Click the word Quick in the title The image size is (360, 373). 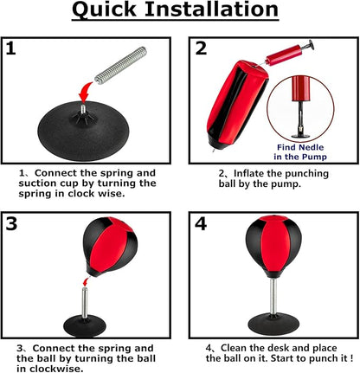click(x=104, y=10)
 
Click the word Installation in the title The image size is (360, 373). click(x=212, y=9)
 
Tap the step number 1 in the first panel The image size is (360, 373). click(x=10, y=48)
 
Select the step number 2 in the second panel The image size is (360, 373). click(x=201, y=48)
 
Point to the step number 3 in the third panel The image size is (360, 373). click(x=11, y=223)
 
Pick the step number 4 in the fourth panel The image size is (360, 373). click(x=201, y=224)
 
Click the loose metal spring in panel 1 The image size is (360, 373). click(x=120, y=65)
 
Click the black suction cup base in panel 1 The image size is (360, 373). click(x=81, y=130)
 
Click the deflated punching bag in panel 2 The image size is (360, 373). click(x=237, y=105)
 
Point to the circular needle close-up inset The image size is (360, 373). click(x=300, y=108)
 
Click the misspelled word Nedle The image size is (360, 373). click(x=311, y=147)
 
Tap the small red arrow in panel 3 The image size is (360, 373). click(x=86, y=281)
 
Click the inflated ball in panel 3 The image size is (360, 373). click(x=110, y=246)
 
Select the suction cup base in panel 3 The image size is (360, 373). click(x=85, y=327)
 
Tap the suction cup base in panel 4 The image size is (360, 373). click(x=272, y=325)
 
